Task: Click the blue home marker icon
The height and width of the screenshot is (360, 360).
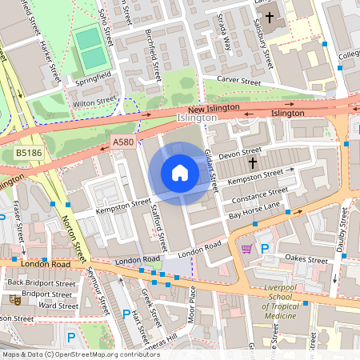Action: point(179,173)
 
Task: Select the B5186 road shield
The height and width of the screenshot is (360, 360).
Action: point(28,151)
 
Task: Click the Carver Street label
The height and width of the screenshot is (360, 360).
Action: point(239,82)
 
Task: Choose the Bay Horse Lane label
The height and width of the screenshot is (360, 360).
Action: point(254,210)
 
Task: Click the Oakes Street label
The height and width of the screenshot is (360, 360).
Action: point(306,259)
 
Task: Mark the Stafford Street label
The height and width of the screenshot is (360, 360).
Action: point(158,226)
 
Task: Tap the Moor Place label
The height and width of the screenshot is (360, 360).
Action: point(191,303)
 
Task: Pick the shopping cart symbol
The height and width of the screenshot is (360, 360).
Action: point(246,249)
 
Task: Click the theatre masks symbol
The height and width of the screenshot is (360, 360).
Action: point(14,299)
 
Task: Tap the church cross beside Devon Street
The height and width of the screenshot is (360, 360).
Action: point(253,162)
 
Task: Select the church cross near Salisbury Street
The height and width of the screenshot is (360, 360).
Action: point(270,16)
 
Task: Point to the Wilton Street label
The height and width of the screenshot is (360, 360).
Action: point(89,102)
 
